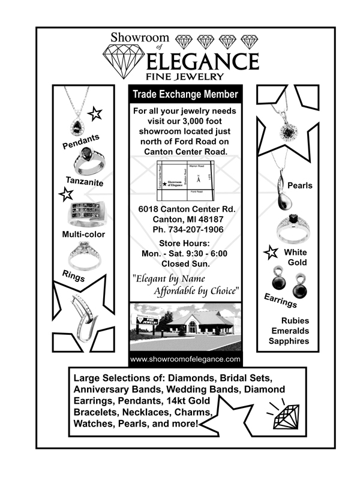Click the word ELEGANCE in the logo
[202, 61]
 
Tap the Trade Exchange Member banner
[185, 95]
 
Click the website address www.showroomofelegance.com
[185, 359]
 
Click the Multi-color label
[83, 234]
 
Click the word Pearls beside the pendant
[300, 185]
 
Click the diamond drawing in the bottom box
[286, 414]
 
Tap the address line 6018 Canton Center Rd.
[185, 209]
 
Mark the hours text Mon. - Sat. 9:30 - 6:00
[185, 253]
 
